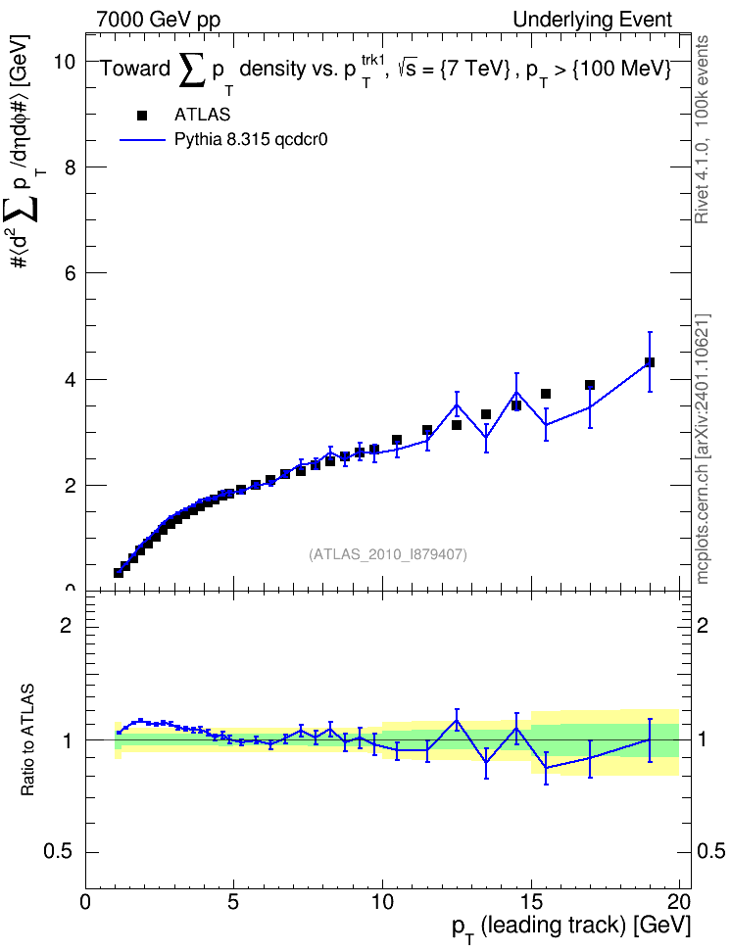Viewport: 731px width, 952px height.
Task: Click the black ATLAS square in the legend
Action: (142, 116)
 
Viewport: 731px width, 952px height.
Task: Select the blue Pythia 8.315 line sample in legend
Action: (142, 140)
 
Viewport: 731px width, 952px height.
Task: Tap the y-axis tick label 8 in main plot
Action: (71, 167)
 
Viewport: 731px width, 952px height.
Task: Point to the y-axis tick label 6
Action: (71, 274)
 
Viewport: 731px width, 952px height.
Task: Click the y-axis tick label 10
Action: (65, 62)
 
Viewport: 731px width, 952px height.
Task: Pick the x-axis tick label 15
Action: (531, 901)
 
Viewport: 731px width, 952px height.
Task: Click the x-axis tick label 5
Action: (234, 901)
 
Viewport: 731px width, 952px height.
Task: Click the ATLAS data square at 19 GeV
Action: (649, 362)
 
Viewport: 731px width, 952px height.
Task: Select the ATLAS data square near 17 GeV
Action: (590, 385)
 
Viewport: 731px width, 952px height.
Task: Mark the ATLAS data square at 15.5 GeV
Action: (546, 394)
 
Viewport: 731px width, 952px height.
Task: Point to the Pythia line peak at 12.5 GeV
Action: (457, 405)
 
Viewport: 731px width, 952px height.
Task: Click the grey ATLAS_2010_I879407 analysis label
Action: (388, 554)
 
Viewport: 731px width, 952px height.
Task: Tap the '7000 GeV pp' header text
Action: (158, 20)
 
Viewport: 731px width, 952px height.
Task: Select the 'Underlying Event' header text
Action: (593, 20)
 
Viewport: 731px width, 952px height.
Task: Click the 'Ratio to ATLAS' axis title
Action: (27, 740)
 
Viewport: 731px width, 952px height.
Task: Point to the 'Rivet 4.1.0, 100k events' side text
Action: (702, 129)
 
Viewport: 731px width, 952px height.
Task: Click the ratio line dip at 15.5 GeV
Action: (546, 768)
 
